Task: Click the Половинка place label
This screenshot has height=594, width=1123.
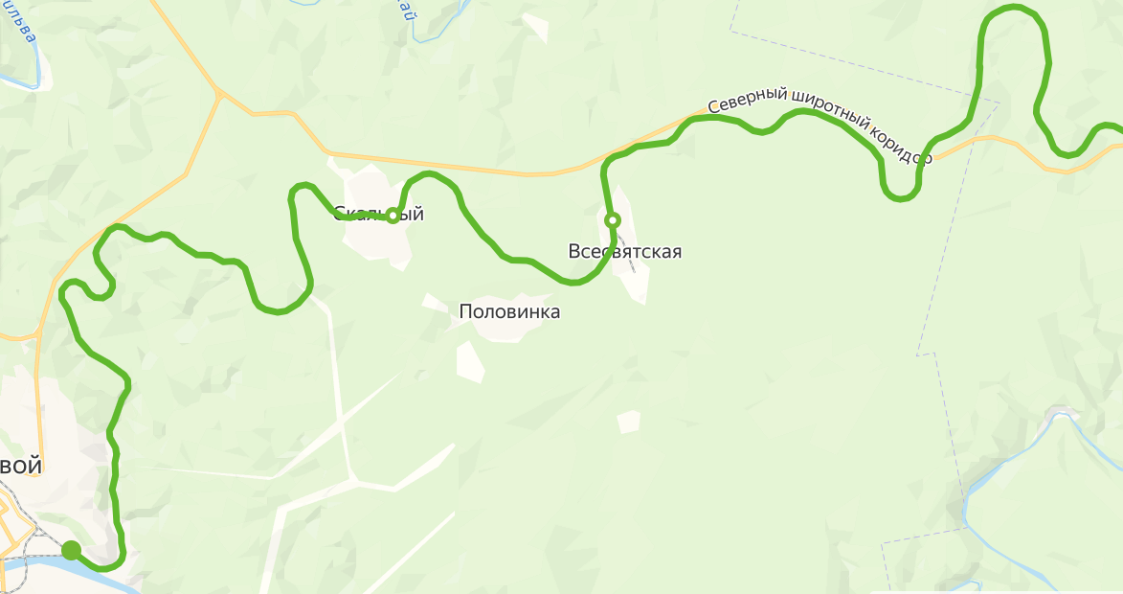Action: click(x=509, y=312)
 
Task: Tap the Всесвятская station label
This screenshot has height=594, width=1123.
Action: click(x=624, y=252)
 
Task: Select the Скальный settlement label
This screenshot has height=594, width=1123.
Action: click(x=379, y=214)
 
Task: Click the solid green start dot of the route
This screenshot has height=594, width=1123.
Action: click(x=71, y=549)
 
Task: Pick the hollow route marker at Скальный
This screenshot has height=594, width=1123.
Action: click(x=393, y=215)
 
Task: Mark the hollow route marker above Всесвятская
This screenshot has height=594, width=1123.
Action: click(x=613, y=220)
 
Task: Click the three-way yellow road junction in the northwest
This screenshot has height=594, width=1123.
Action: click(x=219, y=93)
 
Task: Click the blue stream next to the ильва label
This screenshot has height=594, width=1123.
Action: click(x=43, y=67)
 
